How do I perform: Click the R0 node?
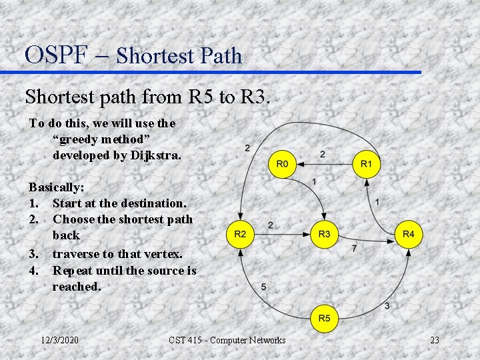(x=282, y=164)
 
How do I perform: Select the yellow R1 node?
(x=366, y=164)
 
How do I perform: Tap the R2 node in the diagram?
(x=240, y=235)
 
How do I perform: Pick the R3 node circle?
(x=324, y=235)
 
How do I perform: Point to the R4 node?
(x=409, y=235)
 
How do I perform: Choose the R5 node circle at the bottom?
(x=324, y=319)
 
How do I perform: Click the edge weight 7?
(x=354, y=248)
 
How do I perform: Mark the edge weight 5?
(x=263, y=287)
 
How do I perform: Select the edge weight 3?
(x=387, y=305)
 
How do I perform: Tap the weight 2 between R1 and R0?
(x=323, y=155)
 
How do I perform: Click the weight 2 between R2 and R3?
(x=270, y=225)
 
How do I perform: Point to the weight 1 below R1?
(x=377, y=201)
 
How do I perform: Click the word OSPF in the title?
(x=56, y=54)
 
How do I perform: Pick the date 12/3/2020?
(x=59, y=341)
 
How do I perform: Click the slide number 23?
(x=435, y=341)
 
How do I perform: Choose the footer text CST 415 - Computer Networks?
(x=227, y=341)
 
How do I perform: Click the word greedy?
(x=81, y=139)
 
